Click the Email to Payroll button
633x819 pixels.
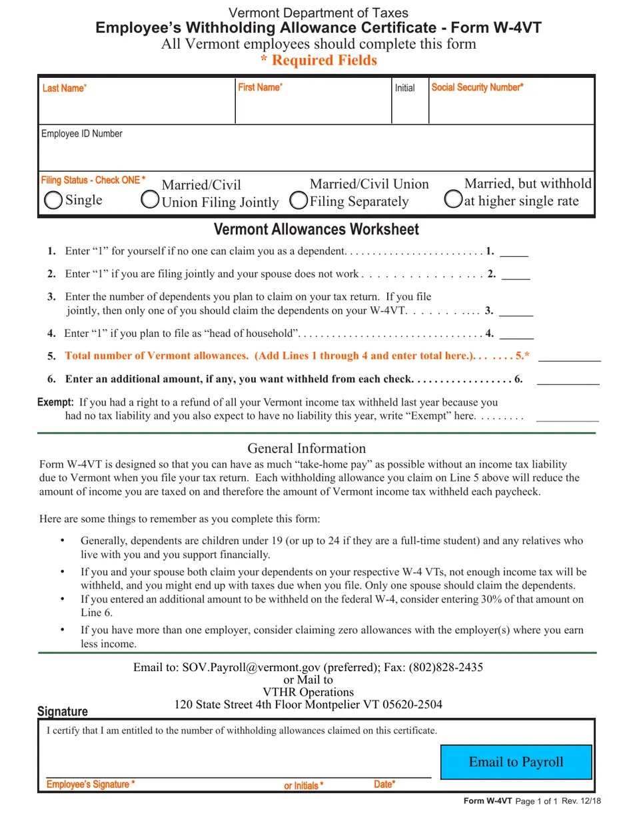pyautogui.click(x=516, y=762)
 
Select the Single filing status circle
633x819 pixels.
pyautogui.click(x=53, y=200)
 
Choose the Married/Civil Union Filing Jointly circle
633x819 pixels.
pyautogui.click(x=151, y=199)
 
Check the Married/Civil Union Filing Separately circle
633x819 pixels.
pyautogui.click(x=299, y=200)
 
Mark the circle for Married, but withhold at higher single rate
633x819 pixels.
pyautogui.click(x=453, y=199)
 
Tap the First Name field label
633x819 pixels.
pyautogui.click(x=260, y=87)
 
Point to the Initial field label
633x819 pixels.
pyautogui.click(x=404, y=88)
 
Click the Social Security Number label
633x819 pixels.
pyautogui.click(x=477, y=87)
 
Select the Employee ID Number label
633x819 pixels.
pyautogui.click(x=82, y=134)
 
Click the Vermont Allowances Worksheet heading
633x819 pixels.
pyautogui.click(x=316, y=230)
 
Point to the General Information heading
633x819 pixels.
pyautogui.click(x=307, y=448)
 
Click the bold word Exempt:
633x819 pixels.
pyautogui.click(x=55, y=402)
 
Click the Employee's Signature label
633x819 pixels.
pyautogui.click(x=91, y=784)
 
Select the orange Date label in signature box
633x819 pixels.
pyautogui.click(x=384, y=784)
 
